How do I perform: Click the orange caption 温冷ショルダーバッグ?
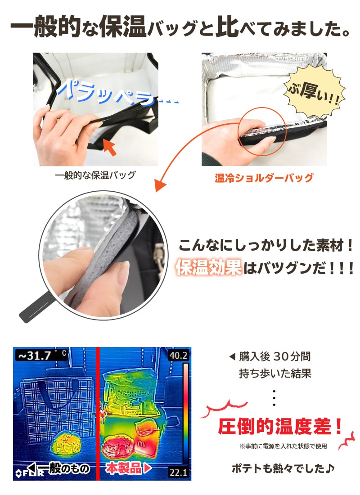click(264, 178)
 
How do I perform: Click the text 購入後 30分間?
click(274, 357)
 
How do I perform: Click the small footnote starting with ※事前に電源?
click(283, 447)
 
